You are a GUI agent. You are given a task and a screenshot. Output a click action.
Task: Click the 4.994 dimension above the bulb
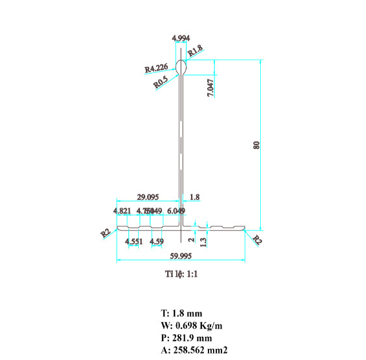pyautogui.click(x=181, y=38)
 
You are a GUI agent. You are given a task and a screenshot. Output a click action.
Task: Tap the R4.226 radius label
pyautogui.click(x=157, y=68)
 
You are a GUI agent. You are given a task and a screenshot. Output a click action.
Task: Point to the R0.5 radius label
pyautogui.click(x=161, y=81)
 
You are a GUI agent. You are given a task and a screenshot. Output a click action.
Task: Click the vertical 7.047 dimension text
pyautogui.click(x=210, y=86)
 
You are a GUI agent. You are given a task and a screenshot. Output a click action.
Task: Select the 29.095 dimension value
pyautogui.click(x=149, y=197)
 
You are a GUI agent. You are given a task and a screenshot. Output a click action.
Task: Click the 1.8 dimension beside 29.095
pyautogui.click(x=195, y=197)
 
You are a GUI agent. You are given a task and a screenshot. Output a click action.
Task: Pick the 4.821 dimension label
pyautogui.click(x=122, y=211)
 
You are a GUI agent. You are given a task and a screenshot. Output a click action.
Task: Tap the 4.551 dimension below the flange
pyautogui.click(x=134, y=242)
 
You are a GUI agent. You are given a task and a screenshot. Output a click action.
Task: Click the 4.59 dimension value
pyautogui.click(x=157, y=242)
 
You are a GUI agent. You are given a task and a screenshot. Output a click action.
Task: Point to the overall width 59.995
pyautogui.click(x=180, y=255)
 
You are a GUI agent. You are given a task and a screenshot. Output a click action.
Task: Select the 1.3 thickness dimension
pyautogui.click(x=204, y=241)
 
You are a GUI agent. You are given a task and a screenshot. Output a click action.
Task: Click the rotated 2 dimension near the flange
pyautogui.click(x=191, y=239)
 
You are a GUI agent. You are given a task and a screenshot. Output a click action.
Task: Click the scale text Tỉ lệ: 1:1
pyautogui.click(x=181, y=274)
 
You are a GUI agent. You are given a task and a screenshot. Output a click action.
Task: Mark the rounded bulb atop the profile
pyautogui.click(x=182, y=66)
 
